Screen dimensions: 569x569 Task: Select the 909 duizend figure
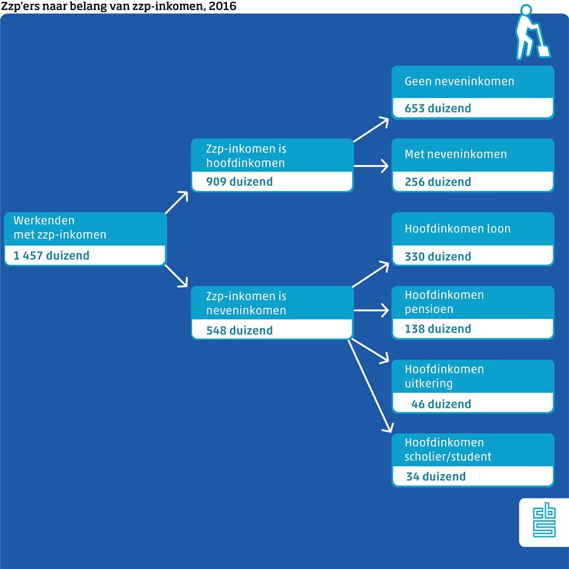[x=240, y=182]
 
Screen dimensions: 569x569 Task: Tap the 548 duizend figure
[x=240, y=330]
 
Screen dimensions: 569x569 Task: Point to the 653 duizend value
[x=438, y=109]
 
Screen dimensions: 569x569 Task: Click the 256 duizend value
[x=438, y=182]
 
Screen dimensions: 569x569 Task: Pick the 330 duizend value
[x=438, y=256]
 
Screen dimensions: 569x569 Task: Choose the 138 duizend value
[x=438, y=329]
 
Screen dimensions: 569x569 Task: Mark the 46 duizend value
[x=441, y=404]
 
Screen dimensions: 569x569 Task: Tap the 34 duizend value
[x=436, y=477]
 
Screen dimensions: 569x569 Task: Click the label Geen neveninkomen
[x=460, y=82]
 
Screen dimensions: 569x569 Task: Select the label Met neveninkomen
[x=456, y=154]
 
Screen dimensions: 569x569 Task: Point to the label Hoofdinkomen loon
[x=458, y=229]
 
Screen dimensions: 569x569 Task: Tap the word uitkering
[x=429, y=384]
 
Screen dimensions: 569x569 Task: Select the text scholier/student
[x=448, y=456]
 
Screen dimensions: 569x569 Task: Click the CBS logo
[x=544, y=522]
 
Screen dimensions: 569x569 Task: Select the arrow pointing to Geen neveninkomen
[x=372, y=129]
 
